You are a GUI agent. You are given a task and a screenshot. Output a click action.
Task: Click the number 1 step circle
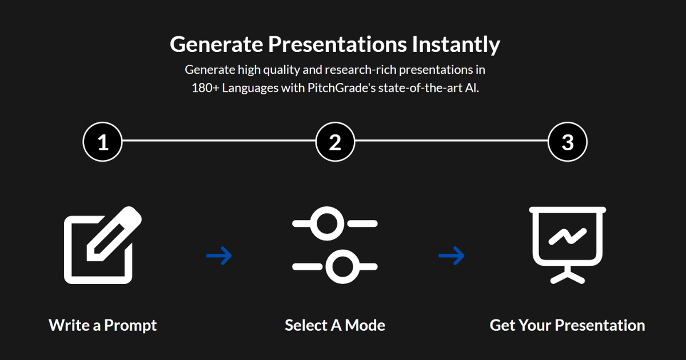click(103, 142)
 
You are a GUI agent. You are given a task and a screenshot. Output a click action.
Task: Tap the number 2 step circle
click(335, 142)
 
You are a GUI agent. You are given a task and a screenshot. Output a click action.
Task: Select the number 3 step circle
click(567, 142)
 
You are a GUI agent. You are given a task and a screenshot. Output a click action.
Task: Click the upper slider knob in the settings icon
click(326, 223)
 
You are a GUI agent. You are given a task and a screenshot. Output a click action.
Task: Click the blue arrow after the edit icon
click(219, 255)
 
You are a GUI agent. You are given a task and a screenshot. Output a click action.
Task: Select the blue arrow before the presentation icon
click(451, 255)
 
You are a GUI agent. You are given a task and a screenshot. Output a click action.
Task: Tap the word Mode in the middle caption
click(365, 326)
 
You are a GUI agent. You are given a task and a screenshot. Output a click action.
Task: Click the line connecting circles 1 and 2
click(219, 140)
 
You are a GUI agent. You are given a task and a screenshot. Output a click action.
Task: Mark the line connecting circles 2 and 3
click(451, 140)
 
